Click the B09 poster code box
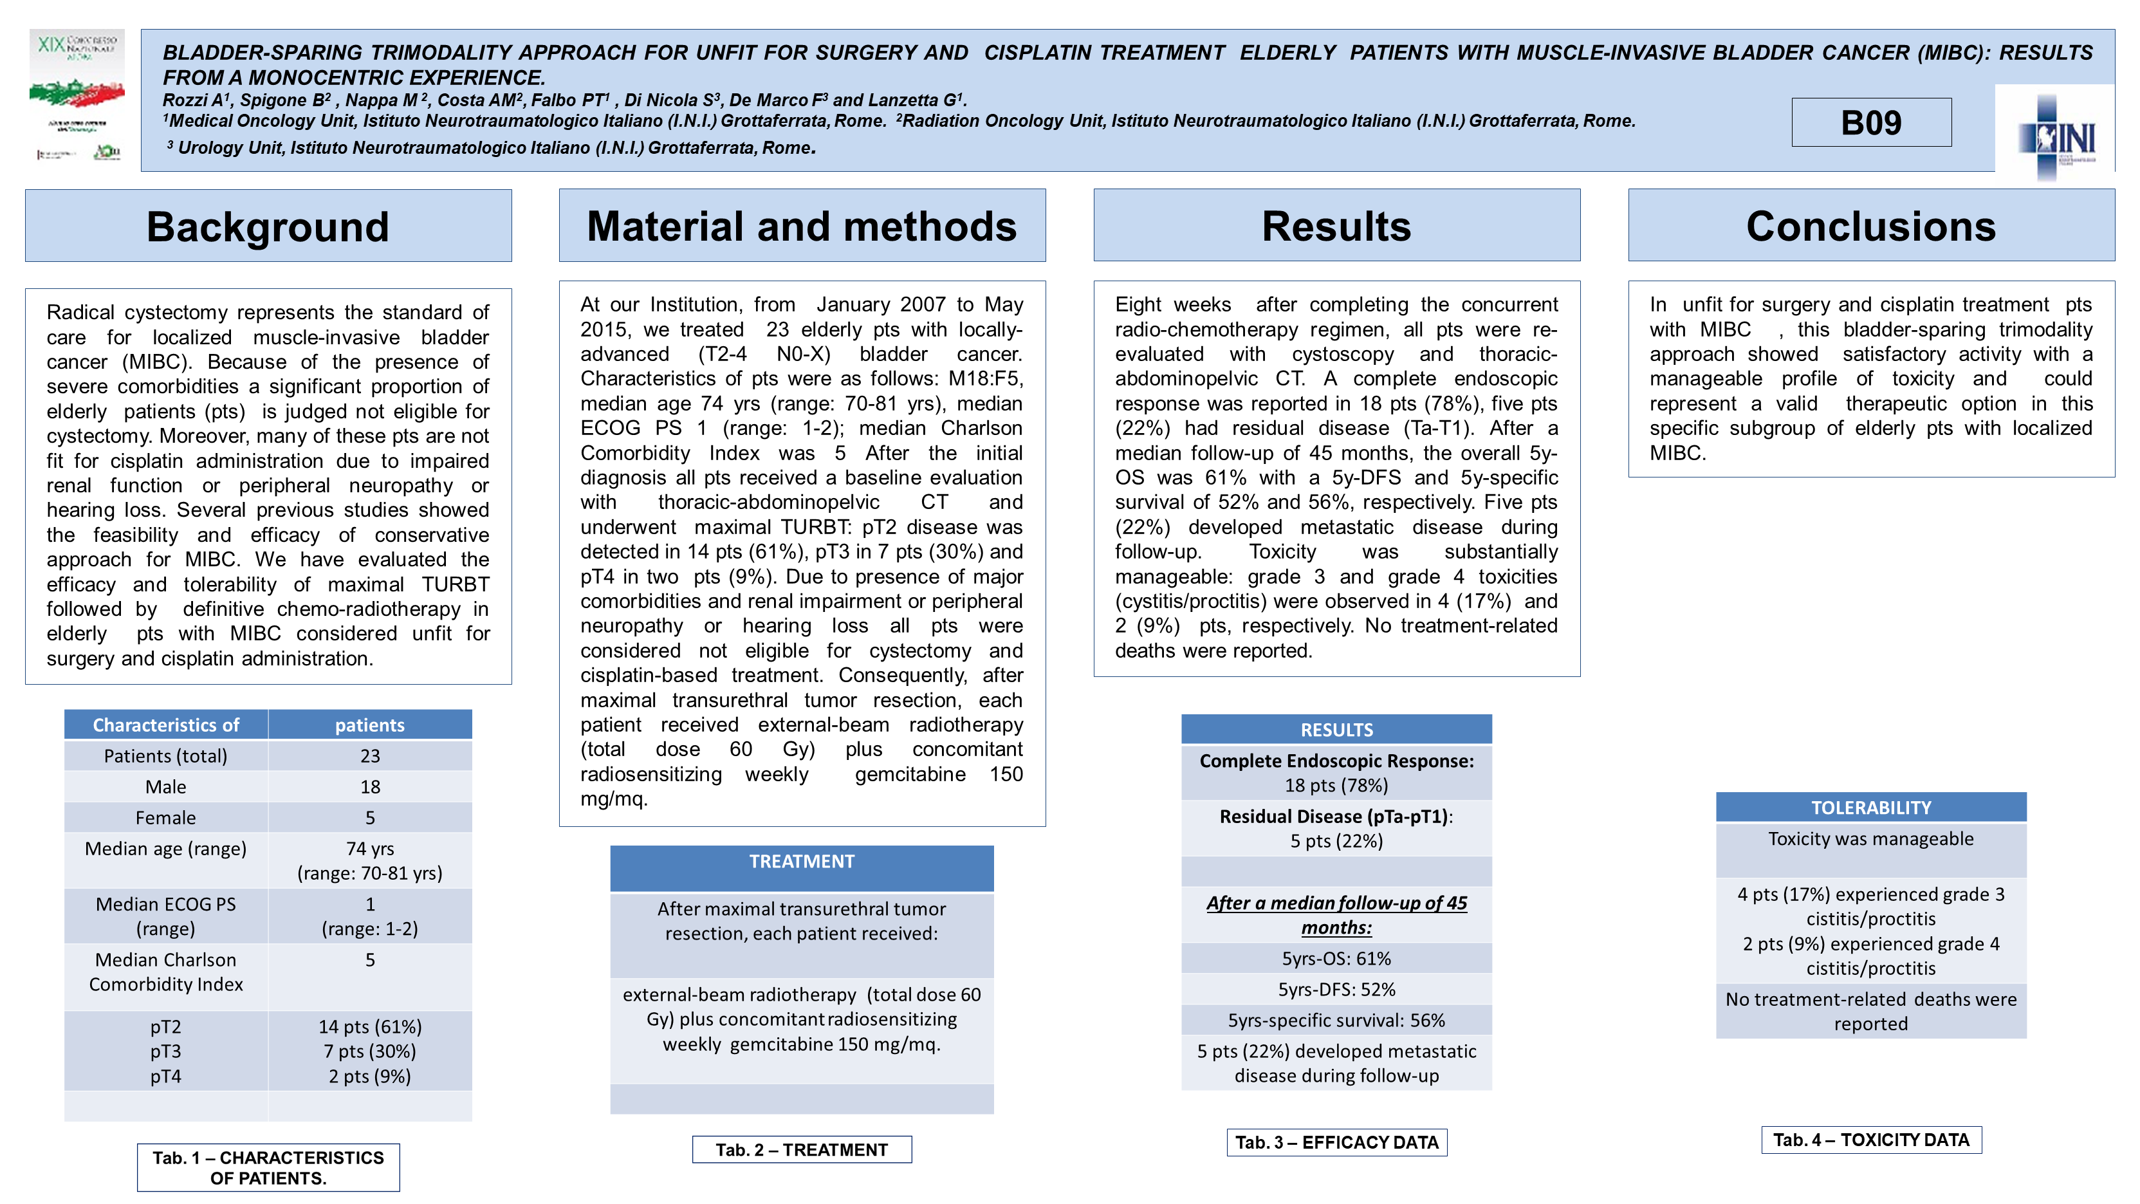(1871, 122)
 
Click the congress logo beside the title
(77, 95)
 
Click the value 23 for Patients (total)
(370, 756)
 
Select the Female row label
(165, 818)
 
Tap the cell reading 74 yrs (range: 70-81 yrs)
(370, 860)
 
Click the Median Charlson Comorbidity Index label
(165, 971)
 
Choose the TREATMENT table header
(802, 862)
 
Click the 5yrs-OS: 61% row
(1336, 958)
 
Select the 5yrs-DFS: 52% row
(1336, 989)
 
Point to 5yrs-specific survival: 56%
(1336, 1019)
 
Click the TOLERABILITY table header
(1871, 808)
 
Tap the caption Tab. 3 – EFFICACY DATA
(1336, 1142)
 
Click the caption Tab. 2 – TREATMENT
(802, 1150)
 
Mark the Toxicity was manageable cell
(1871, 839)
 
